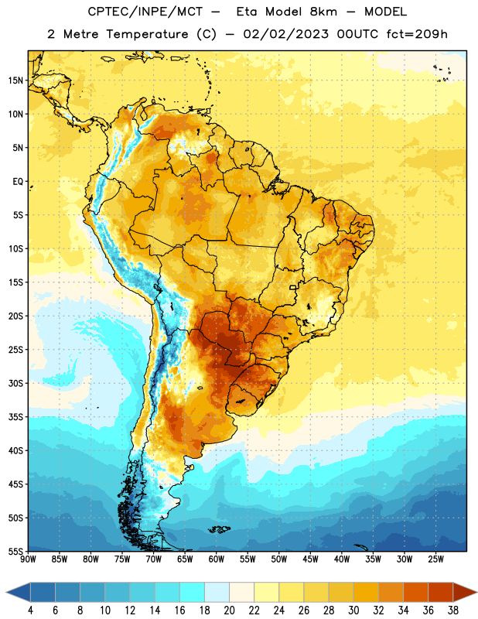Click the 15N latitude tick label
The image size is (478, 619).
15,80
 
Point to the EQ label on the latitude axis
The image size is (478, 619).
18,182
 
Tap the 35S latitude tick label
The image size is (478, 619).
15,417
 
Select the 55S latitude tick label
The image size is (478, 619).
15,551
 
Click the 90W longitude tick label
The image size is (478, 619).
28,559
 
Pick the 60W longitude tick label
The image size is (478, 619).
217,559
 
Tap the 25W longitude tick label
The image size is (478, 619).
435,559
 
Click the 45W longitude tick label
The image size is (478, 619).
310,559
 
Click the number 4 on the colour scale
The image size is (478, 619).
30,610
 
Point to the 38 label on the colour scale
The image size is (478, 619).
453,610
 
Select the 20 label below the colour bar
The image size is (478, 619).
229,610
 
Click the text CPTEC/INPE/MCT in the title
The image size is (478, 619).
145,12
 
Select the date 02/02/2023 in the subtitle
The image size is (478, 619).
285,34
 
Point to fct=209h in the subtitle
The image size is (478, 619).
417,34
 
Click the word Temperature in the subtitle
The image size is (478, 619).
147,35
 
